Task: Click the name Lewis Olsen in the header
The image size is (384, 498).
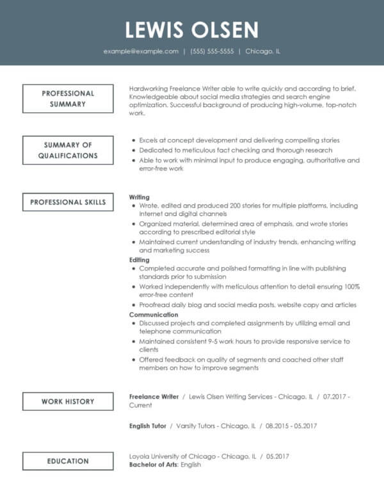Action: coord(192,29)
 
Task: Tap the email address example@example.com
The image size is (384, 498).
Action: coord(141,51)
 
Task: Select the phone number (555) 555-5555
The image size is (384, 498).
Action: coord(212,51)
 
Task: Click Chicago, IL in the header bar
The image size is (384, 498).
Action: coord(262,51)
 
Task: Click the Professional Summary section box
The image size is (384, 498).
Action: coord(68,98)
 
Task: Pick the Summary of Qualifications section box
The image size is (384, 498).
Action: coord(68,150)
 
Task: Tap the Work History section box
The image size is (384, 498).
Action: coord(68,401)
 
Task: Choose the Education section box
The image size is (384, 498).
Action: coord(68,461)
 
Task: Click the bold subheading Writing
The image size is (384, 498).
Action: coord(140,197)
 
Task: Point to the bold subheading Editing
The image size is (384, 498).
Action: coord(140,260)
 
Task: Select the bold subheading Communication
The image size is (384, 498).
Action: coord(154,315)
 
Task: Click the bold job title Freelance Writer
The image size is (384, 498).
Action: coord(154,397)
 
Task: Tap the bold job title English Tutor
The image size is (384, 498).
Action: coord(148,426)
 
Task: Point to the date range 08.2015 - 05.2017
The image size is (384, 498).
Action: coord(291,426)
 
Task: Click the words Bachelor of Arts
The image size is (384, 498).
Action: coord(153,465)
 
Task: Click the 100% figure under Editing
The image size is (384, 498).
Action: coord(352,286)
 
